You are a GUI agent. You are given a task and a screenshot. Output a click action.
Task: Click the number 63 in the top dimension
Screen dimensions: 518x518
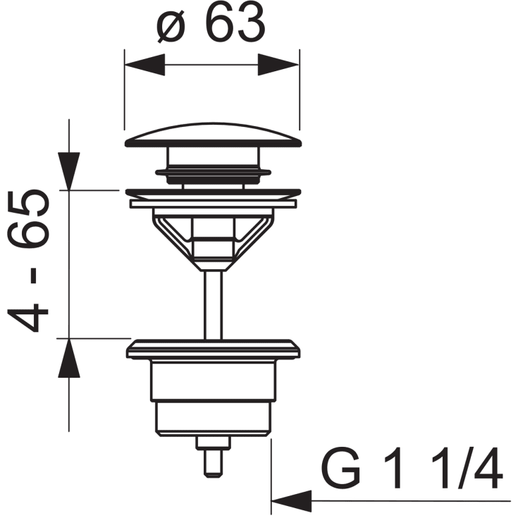click(235, 23)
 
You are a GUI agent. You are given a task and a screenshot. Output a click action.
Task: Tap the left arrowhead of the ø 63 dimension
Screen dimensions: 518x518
click(144, 65)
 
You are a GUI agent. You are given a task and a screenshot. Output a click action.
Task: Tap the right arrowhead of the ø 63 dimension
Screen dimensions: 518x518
click(278, 65)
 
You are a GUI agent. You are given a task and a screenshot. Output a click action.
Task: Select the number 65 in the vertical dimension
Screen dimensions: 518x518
click(28, 219)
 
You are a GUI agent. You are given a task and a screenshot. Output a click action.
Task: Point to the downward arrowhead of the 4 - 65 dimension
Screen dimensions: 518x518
click(69, 171)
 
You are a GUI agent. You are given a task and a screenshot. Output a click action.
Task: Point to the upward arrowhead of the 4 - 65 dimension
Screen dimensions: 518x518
click(69, 358)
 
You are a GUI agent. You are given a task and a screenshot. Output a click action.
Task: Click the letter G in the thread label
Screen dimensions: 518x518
click(340, 469)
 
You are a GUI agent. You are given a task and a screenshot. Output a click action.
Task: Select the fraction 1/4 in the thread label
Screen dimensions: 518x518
click(467, 469)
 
